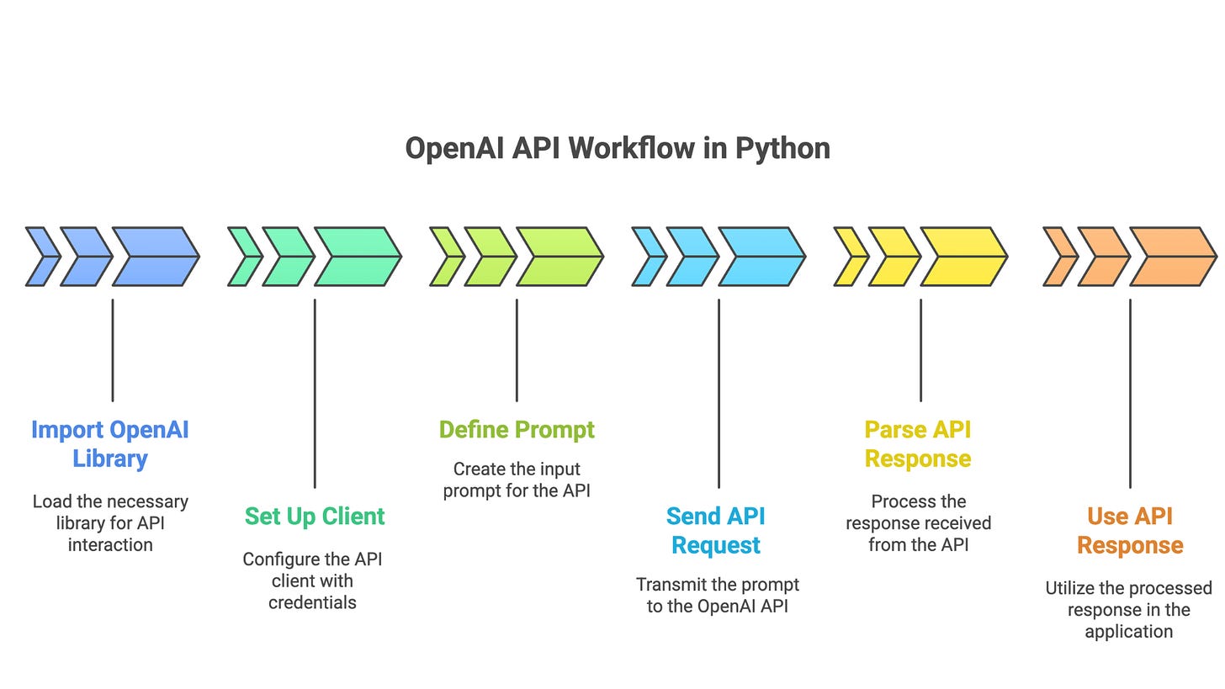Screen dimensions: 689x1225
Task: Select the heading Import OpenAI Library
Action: [x=109, y=444]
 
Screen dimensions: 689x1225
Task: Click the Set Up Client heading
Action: [x=315, y=516]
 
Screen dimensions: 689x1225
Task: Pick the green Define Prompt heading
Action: [x=517, y=430]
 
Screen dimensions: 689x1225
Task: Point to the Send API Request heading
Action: [x=716, y=530]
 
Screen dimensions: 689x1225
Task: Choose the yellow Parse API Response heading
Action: [x=918, y=444]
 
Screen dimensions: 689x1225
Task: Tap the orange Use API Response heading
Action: [x=1130, y=530]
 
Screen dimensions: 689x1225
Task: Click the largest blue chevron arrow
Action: [x=156, y=257]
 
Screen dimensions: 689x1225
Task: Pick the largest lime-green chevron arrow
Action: [x=559, y=257]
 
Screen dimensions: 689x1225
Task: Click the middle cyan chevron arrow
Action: [x=690, y=257]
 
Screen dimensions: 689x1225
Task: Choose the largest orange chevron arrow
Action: [x=1172, y=257]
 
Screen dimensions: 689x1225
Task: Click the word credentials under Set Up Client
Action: [x=312, y=602]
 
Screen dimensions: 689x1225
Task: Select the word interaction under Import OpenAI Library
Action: [x=109, y=544]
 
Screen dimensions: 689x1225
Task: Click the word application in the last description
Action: [x=1128, y=631]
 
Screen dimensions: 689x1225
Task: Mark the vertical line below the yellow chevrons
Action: [x=920, y=349]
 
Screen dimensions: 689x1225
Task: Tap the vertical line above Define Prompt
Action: [x=517, y=349]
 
